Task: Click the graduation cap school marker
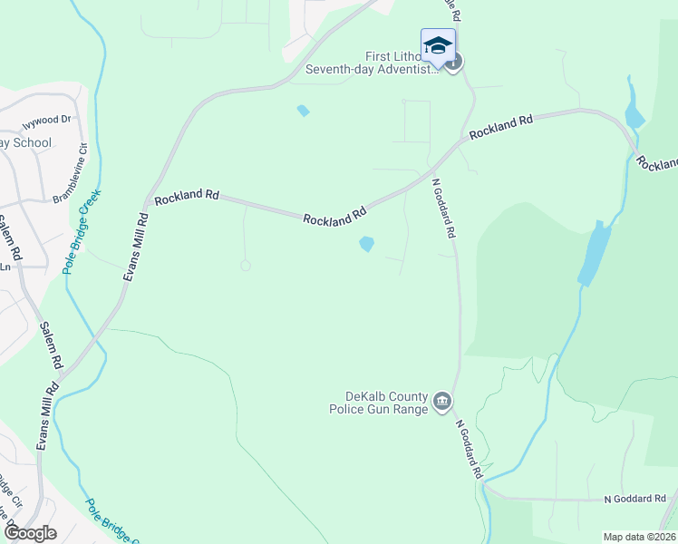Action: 438,45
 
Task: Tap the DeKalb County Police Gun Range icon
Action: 442,401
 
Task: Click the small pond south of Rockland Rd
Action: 367,244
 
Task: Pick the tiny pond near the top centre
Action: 303,112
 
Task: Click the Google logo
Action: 30,532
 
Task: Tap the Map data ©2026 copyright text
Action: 638,537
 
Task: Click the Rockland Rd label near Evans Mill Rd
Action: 187,196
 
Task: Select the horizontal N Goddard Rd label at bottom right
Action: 635,499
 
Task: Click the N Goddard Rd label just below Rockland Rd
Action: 442,208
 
